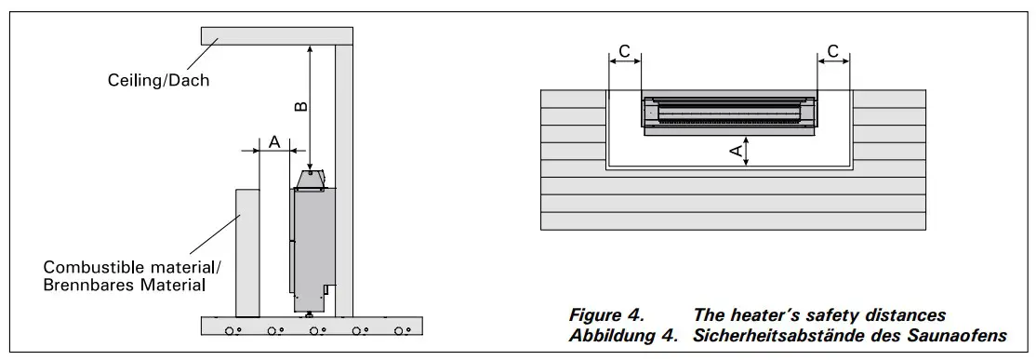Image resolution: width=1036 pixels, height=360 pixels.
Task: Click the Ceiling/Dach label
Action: [x=159, y=81]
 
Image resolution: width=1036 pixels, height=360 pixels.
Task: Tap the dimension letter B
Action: [x=300, y=106]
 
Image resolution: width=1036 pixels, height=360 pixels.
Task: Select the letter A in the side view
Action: [x=275, y=141]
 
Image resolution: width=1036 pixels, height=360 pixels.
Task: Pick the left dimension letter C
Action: [x=624, y=51]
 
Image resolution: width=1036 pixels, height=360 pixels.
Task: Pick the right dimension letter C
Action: [x=833, y=51]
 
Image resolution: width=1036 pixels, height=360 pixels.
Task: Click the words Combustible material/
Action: [x=133, y=268]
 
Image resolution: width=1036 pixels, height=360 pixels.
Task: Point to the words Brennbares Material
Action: [x=125, y=286]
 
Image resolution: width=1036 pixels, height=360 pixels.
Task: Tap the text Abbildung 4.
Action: [x=624, y=335]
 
